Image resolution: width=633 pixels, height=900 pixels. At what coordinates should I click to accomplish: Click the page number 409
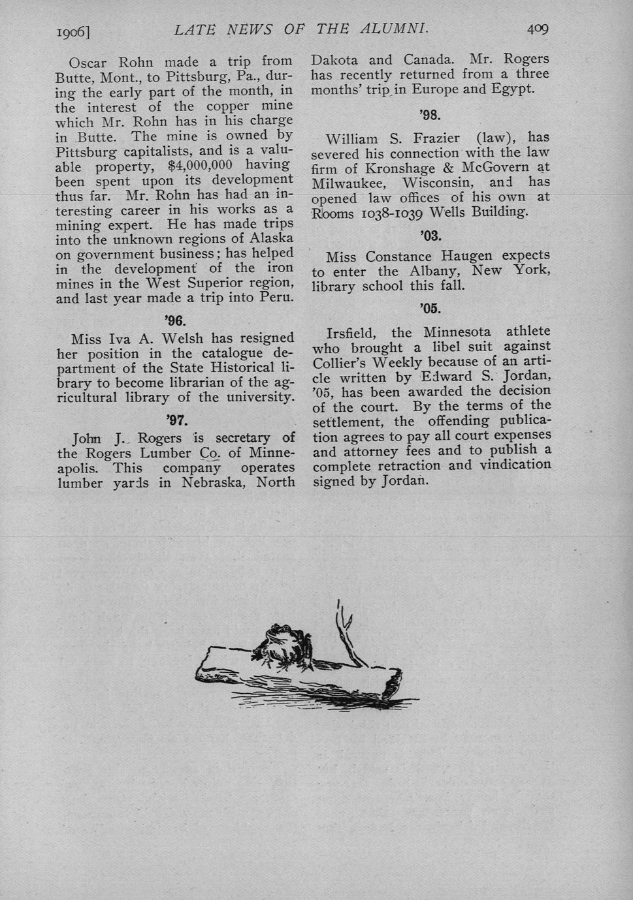pos(538,29)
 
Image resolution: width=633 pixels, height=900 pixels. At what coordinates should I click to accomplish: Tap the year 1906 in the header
pos(73,31)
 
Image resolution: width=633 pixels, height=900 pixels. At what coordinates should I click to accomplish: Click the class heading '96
pos(176,320)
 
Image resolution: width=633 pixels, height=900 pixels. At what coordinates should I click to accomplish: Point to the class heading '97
pos(177,420)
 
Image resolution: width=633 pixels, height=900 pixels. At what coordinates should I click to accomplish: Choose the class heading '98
pos(430,116)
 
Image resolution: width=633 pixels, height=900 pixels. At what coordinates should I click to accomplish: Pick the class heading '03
pos(430,236)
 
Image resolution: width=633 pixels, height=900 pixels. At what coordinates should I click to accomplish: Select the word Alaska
pos(270,238)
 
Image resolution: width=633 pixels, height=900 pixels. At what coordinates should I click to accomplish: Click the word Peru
pos(277,298)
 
